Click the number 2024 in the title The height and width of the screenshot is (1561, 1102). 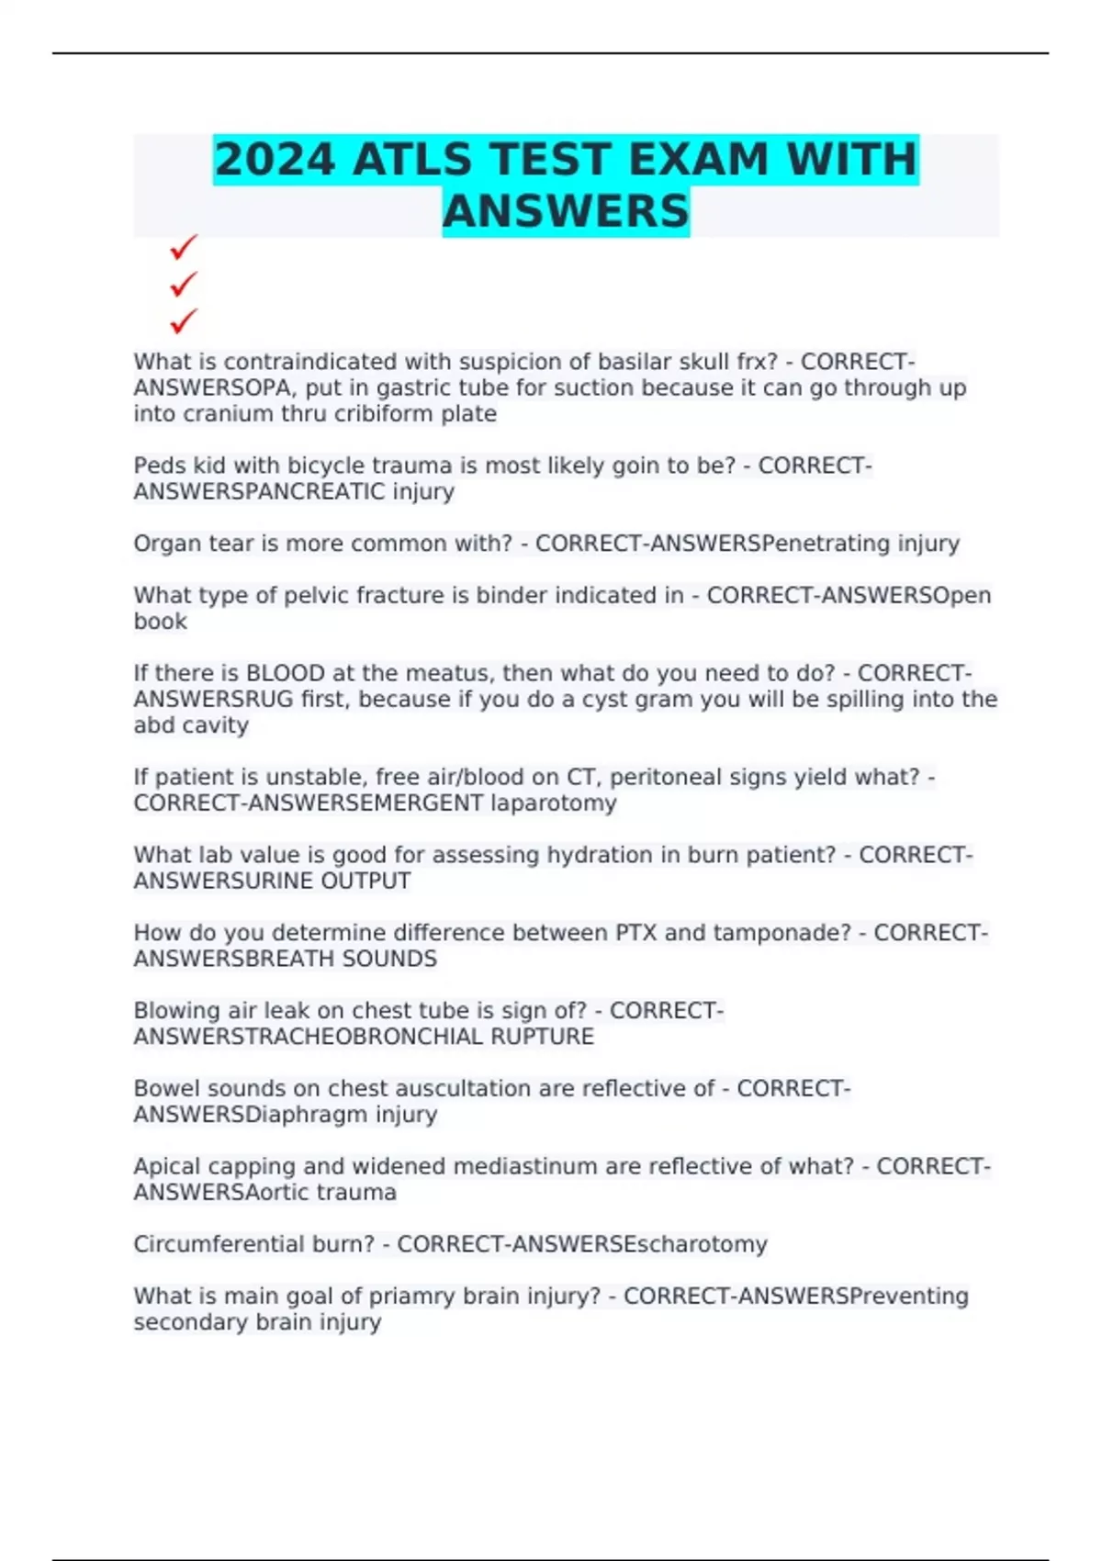[275, 160]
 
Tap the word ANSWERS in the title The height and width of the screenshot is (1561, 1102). [566, 211]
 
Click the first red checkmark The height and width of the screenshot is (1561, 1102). [184, 247]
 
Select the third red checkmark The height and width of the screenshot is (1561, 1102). [184, 321]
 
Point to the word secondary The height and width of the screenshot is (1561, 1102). [178, 1322]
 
